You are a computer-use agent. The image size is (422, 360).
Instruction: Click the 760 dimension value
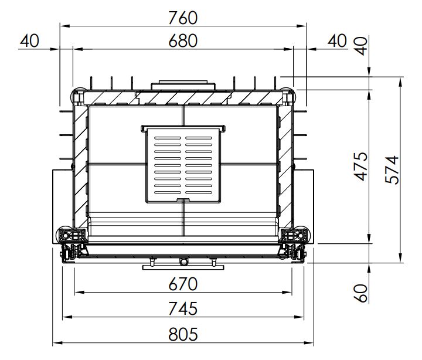pos(183,18)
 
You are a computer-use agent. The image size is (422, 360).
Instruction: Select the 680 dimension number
pos(183,41)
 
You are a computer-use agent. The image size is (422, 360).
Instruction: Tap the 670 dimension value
pos(183,284)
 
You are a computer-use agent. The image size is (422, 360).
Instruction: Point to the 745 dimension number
pos(183,308)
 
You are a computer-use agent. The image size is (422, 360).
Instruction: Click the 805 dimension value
pos(183,334)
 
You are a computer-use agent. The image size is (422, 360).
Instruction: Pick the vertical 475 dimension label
pos(360,166)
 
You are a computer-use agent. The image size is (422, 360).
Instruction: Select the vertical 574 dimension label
pos(392,169)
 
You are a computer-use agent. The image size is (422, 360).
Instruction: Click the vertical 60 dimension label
pos(360,293)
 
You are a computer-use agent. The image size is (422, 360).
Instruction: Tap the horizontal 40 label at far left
pos(30,41)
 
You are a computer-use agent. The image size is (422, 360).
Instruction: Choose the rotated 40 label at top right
pos(360,46)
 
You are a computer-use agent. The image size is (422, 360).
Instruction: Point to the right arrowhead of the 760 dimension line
pos(301,26)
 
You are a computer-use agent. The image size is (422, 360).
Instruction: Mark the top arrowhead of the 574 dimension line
pos(401,82)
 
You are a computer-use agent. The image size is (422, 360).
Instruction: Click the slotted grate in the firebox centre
pos(183,164)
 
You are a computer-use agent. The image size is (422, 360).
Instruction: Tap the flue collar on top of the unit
pos(183,85)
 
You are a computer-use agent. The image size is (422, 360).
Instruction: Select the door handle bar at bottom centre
pos(183,267)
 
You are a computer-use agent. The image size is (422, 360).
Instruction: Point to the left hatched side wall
pos(80,167)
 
